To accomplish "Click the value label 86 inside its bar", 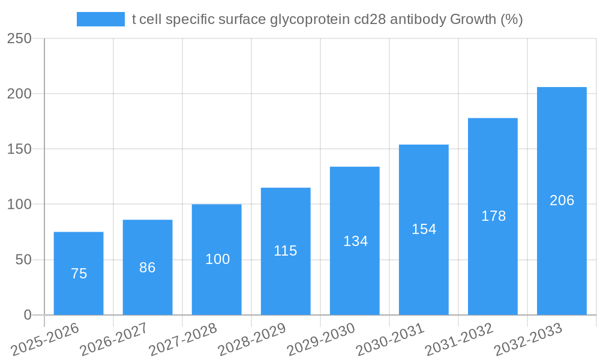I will point(148,268).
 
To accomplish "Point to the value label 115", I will point(286,251).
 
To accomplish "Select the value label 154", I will point(424,229).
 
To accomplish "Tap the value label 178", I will point(493,216).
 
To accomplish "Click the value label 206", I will point(562,200).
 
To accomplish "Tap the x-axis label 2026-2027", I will point(114,340).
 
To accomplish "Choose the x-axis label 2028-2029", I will point(252,340).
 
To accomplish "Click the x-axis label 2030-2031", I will point(390,340).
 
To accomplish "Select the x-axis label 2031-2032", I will point(459,340).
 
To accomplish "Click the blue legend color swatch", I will point(101,19).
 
